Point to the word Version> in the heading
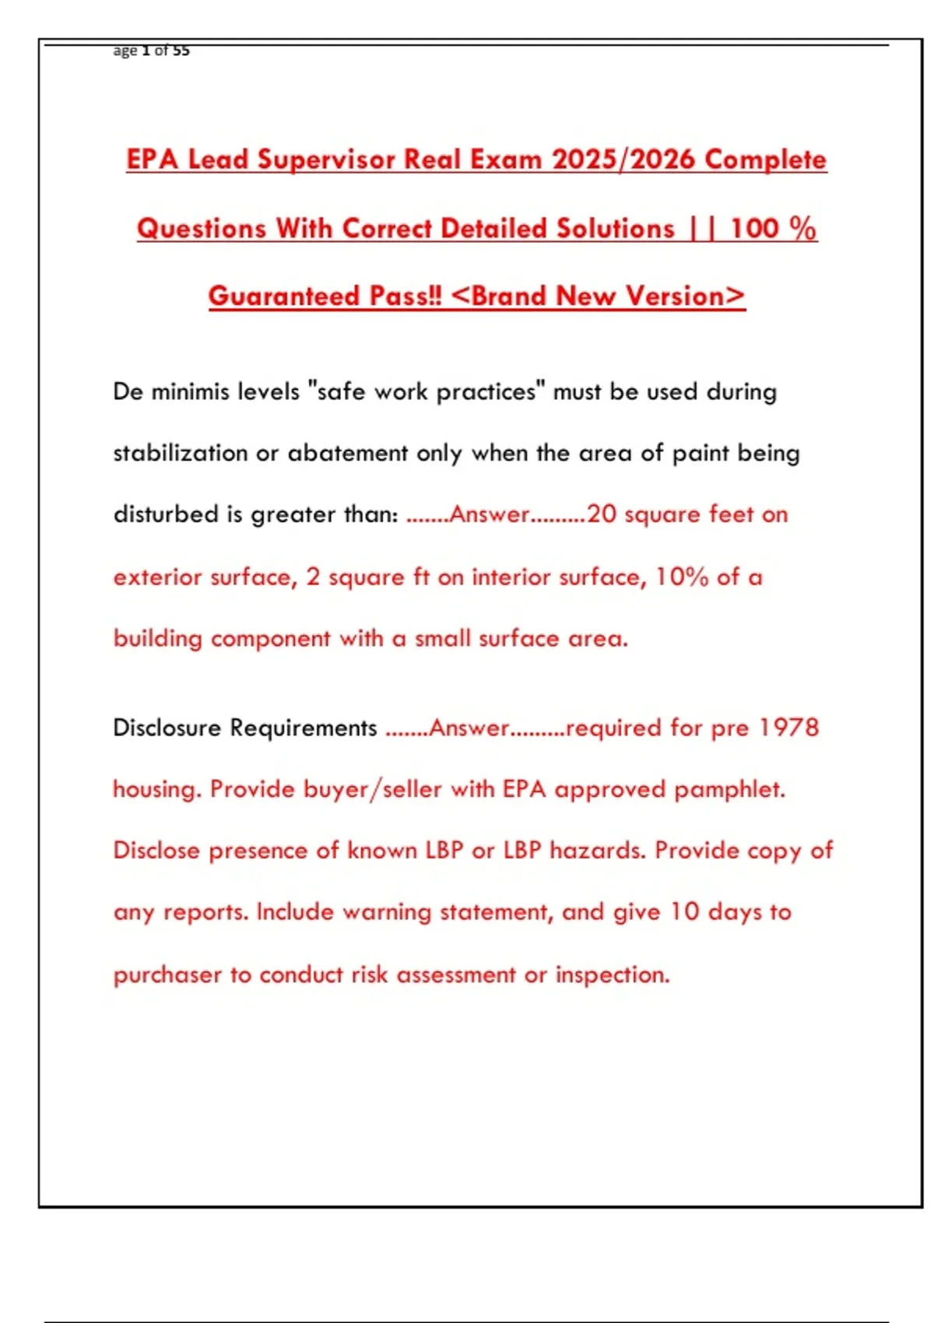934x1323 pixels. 685,297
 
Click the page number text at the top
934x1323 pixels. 151,51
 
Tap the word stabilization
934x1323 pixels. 180,453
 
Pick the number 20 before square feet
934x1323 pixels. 602,514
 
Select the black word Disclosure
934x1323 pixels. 167,728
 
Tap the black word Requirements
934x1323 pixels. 304,728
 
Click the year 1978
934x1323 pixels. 788,728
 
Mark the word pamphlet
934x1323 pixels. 729,789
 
